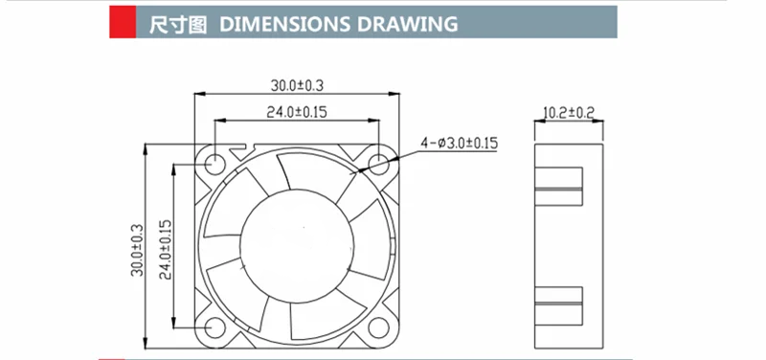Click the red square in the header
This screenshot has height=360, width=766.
[x=123, y=21]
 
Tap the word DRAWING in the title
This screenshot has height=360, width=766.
[x=408, y=24]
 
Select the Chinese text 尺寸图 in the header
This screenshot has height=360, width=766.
[x=178, y=24]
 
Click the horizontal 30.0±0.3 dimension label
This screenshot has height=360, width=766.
[x=297, y=85]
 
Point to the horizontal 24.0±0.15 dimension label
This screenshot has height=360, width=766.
[x=297, y=112]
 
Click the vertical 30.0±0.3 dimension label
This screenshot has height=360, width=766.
[x=137, y=250]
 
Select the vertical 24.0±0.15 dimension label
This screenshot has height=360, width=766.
[x=165, y=249]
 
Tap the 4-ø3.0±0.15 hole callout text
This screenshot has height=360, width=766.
[x=460, y=143]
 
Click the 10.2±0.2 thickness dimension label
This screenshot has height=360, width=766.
[x=569, y=113]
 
